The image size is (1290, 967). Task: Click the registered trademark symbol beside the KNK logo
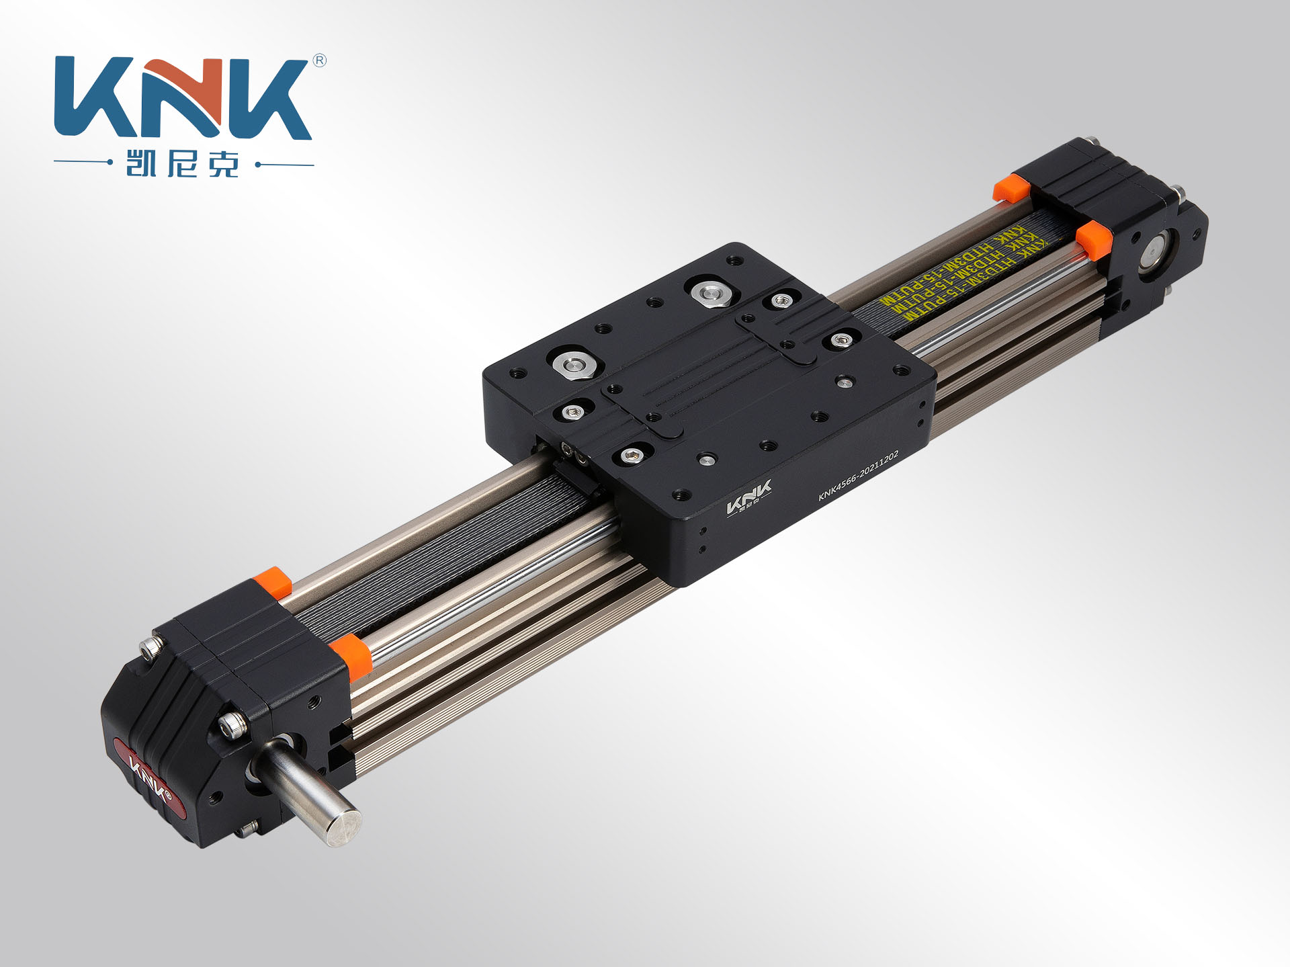[x=320, y=61]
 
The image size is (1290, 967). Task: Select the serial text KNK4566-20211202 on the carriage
[x=858, y=476]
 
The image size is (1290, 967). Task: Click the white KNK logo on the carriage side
[x=748, y=497]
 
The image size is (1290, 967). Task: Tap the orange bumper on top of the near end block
[x=272, y=582]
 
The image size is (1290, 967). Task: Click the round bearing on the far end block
[x=1156, y=252]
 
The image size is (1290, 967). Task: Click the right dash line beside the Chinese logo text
[x=286, y=164]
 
